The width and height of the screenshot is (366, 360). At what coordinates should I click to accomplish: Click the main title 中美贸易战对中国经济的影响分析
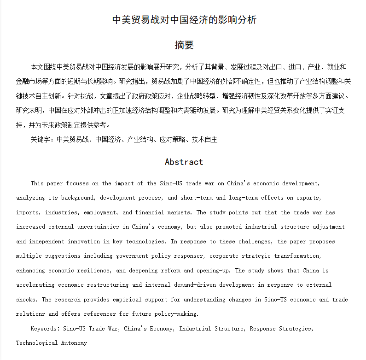pyautogui.click(x=184, y=20)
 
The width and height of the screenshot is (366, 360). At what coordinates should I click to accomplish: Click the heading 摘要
pyautogui.click(x=184, y=45)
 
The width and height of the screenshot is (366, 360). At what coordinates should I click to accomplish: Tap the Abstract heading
pyautogui.click(x=184, y=162)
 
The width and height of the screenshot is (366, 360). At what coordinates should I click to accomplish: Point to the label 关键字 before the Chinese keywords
pyautogui.click(x=41, y=139)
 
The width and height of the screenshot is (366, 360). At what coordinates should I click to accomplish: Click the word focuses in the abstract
pyautogui.click(x=77, y=183)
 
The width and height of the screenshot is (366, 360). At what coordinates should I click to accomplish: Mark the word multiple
pyautogui.click(x=29, y=256)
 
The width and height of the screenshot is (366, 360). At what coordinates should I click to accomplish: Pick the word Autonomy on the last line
pyautogui.click(x=74, y=343)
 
